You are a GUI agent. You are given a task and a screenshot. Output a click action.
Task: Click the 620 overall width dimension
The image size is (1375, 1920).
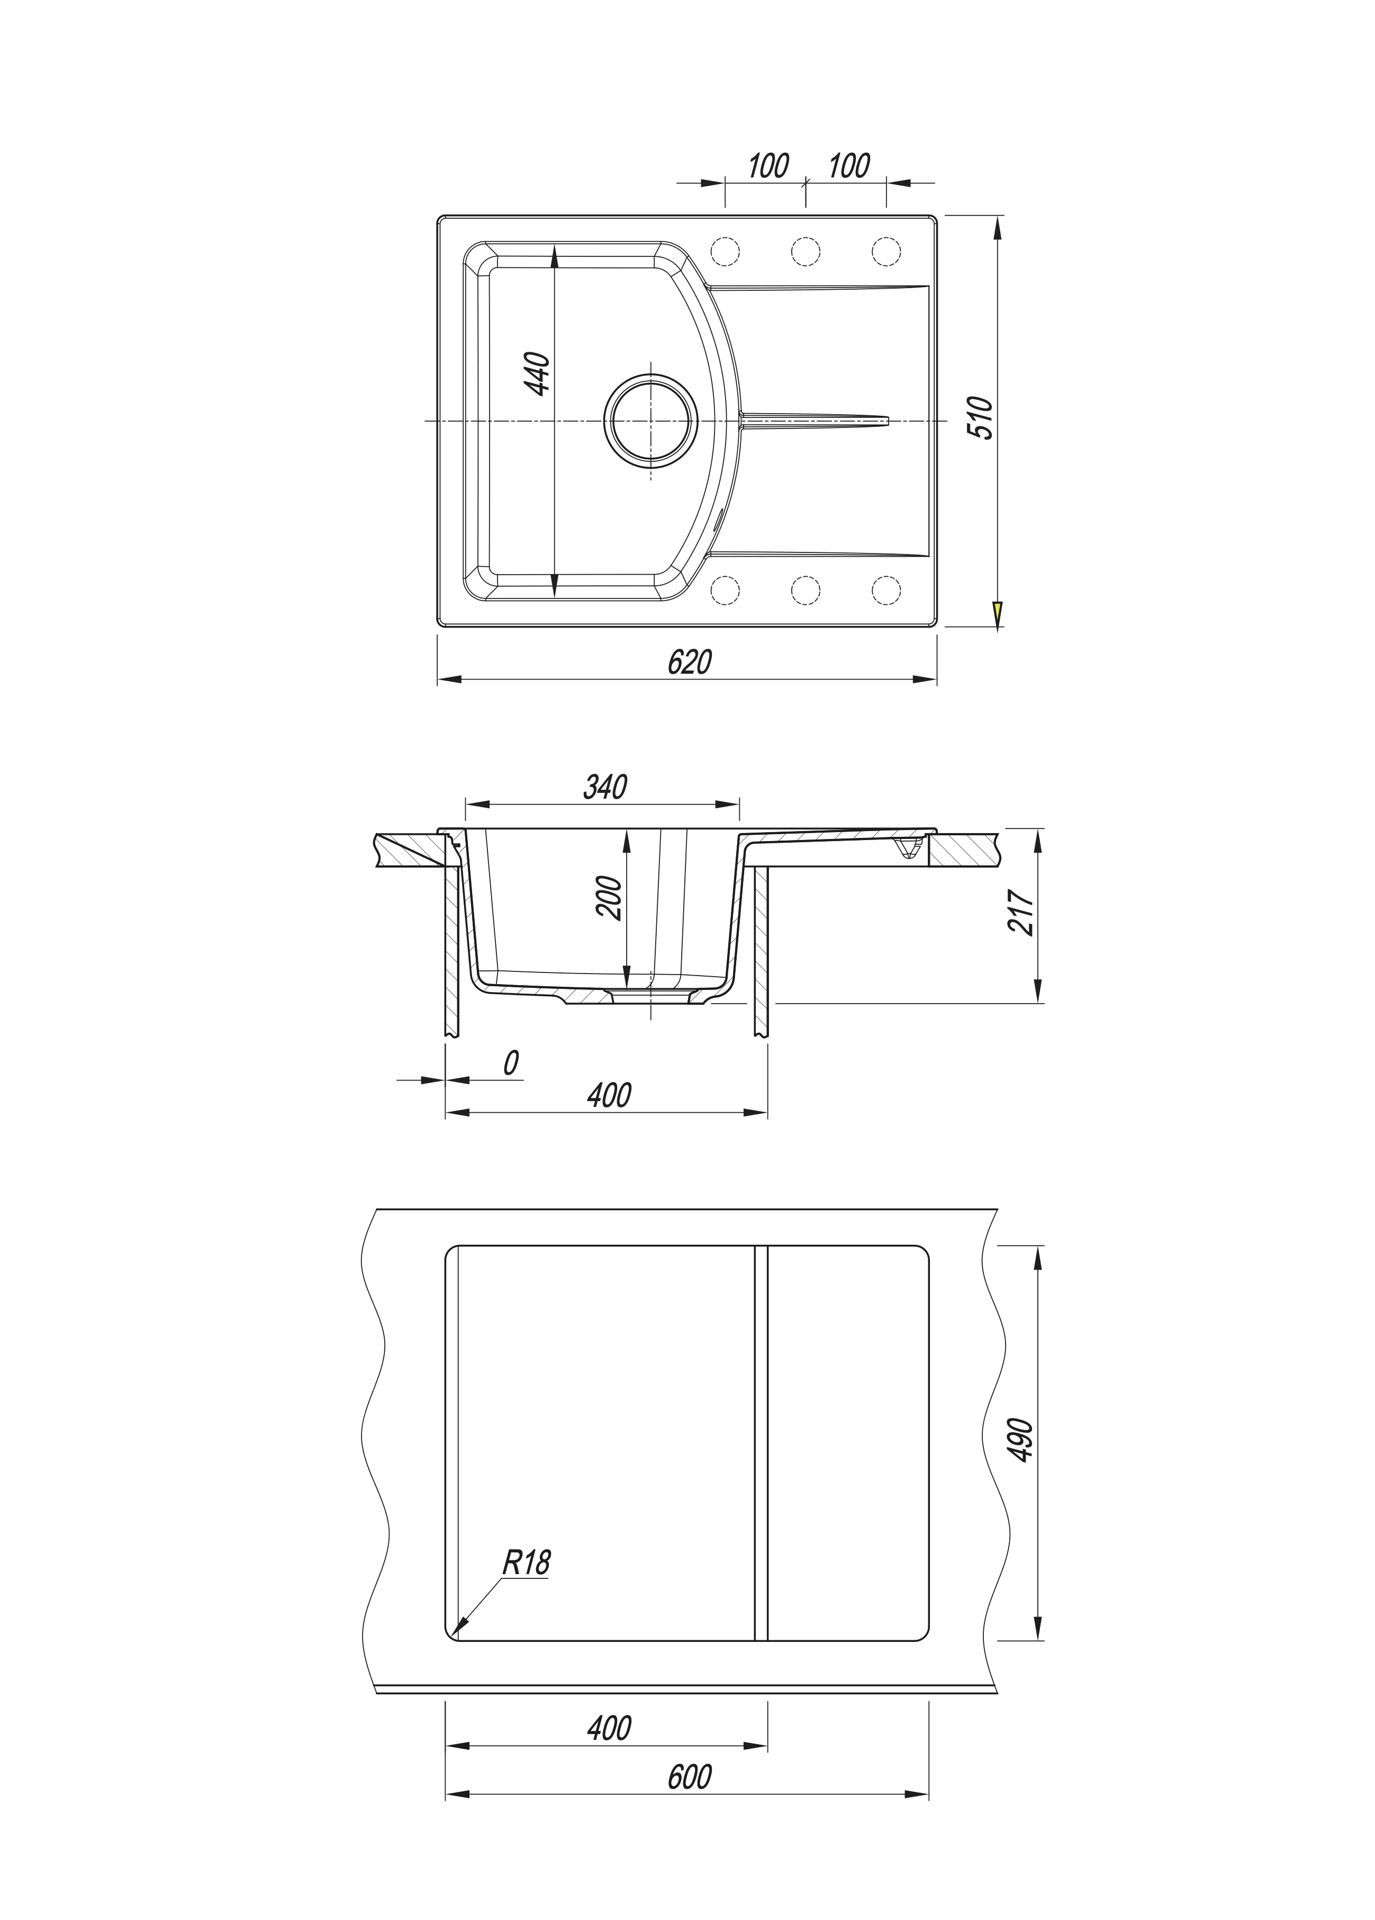click(690, 661)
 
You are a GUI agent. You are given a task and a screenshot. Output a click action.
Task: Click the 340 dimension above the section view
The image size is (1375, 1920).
click(605, 787)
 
